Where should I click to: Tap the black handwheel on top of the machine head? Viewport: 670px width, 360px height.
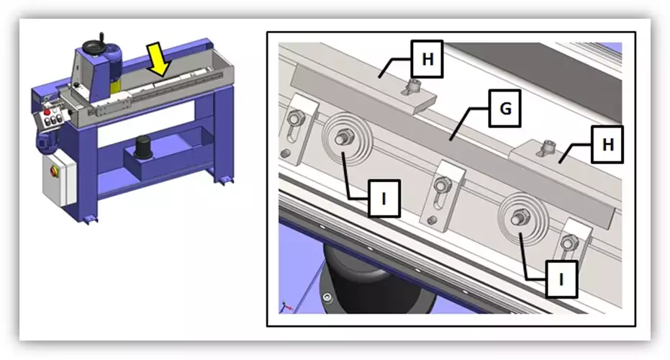point(94,46)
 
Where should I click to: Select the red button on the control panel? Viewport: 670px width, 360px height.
point(47,112)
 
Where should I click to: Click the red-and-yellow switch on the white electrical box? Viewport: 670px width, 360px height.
point(54,171)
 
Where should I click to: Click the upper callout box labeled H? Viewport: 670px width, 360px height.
point(427,59)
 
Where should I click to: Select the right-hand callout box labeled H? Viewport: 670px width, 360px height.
point(607,144)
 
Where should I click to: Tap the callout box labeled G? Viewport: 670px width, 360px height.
point(504,108)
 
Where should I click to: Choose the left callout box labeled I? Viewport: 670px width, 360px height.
point(384,199)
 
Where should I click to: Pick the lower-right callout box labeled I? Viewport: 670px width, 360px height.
point(561,279)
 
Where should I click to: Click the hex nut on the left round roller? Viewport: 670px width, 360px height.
point(344,138)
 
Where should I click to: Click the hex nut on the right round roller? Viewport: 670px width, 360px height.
point(521,216)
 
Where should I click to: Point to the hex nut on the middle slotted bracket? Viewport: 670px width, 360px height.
point(442,186)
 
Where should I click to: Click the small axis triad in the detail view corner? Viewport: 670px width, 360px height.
point(286,307)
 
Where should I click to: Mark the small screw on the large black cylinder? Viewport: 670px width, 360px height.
point(327,297)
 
